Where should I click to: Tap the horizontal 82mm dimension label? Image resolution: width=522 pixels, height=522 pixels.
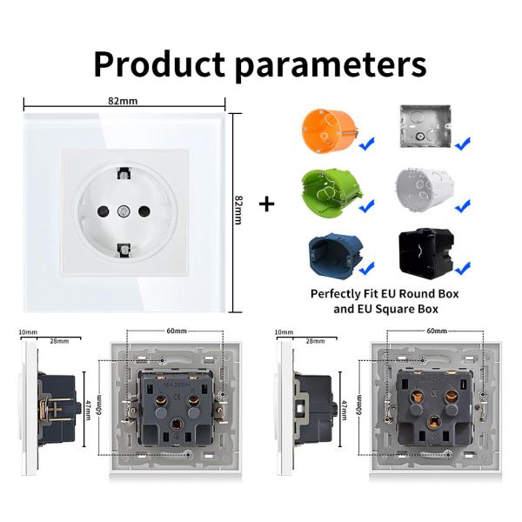pyautogui.click(x=123, y=101)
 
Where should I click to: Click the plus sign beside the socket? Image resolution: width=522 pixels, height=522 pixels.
pyautogui.click(x=267, y=204)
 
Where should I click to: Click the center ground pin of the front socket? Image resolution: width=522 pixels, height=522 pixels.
pyautogui.click(x=124, y=211)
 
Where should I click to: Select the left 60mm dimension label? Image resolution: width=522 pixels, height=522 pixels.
pyautogui.click(x=177, y=331)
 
